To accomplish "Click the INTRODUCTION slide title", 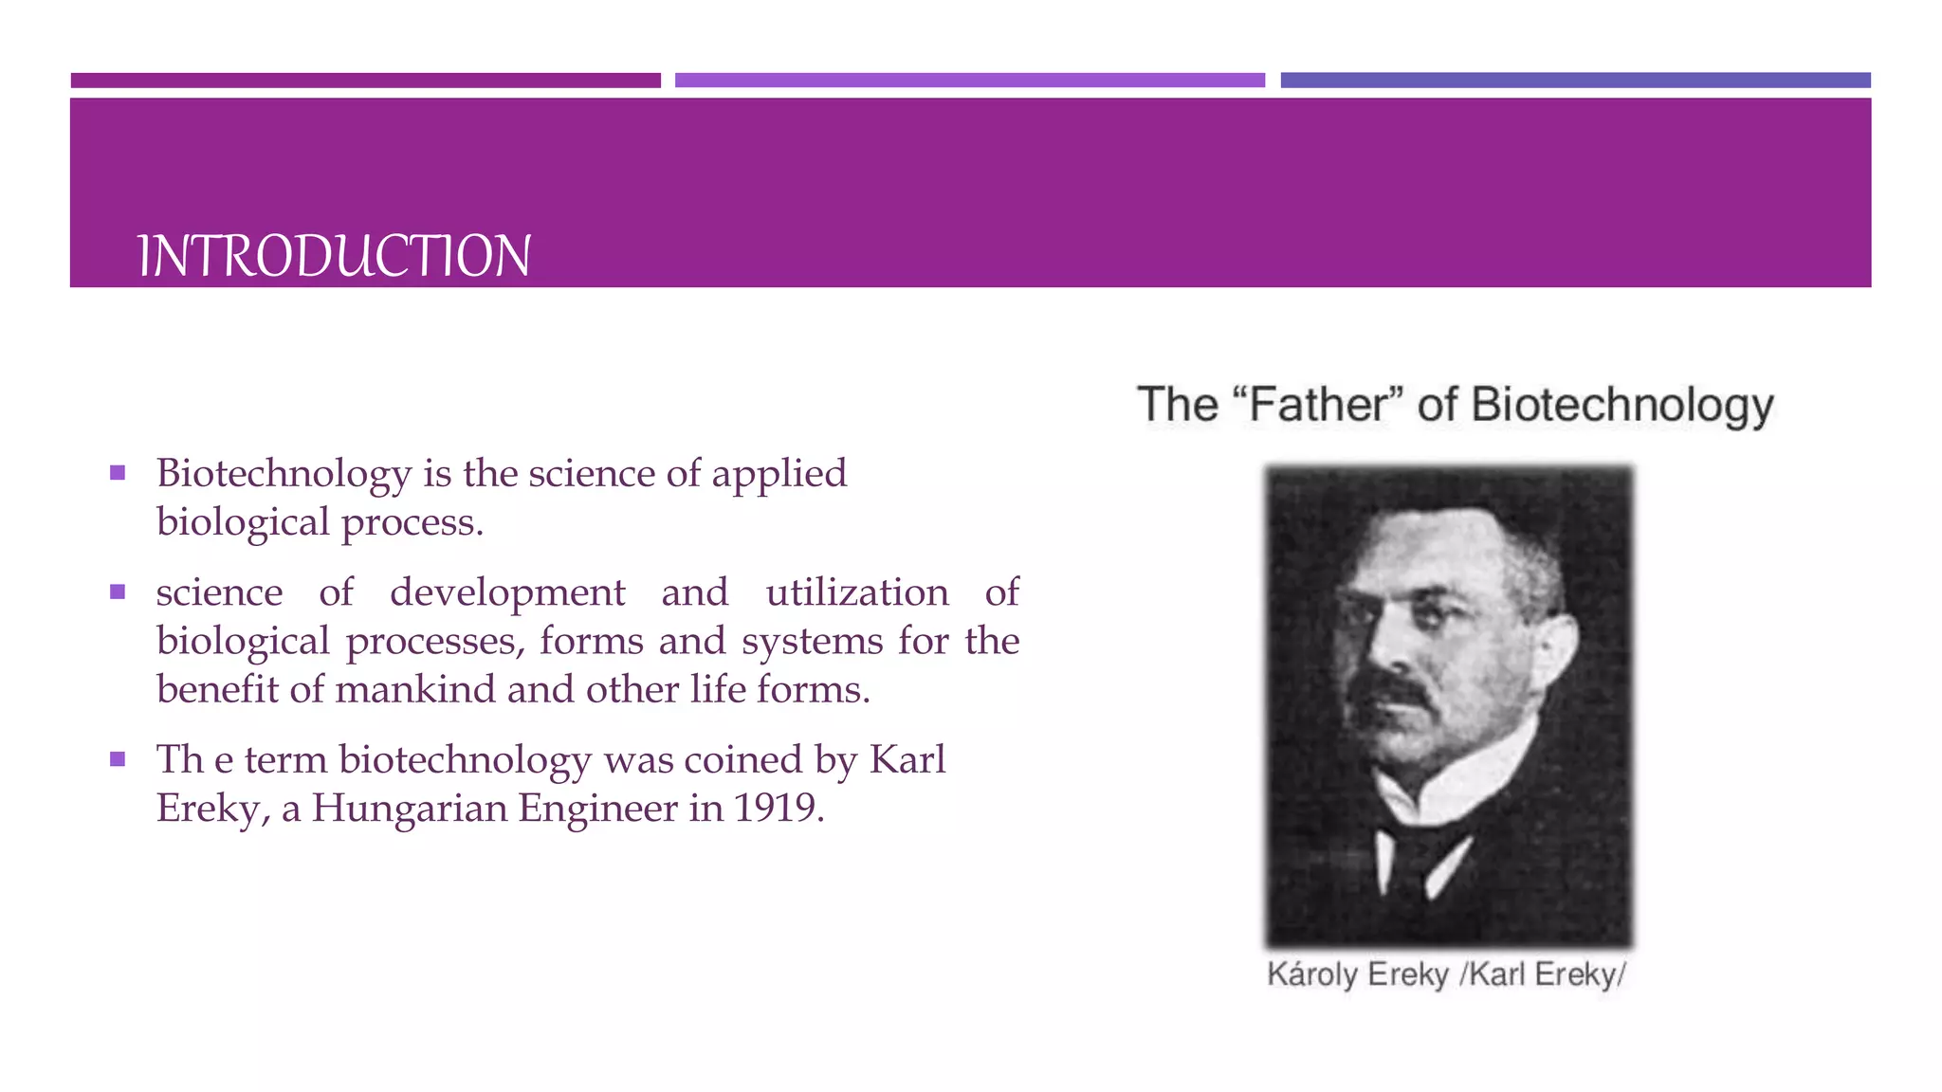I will (334, 256).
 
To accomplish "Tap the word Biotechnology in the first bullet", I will (284, 474).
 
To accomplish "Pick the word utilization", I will (857, 592).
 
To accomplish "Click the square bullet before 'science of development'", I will (118, 592).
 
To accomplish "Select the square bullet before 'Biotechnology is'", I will (118, 473).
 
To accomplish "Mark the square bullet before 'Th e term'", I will (118, 759).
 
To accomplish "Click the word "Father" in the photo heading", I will (1319, 405).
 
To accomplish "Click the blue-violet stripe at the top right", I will (1575, 81).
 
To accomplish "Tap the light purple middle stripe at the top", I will (969, 81).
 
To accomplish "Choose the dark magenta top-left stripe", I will (365, 81).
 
